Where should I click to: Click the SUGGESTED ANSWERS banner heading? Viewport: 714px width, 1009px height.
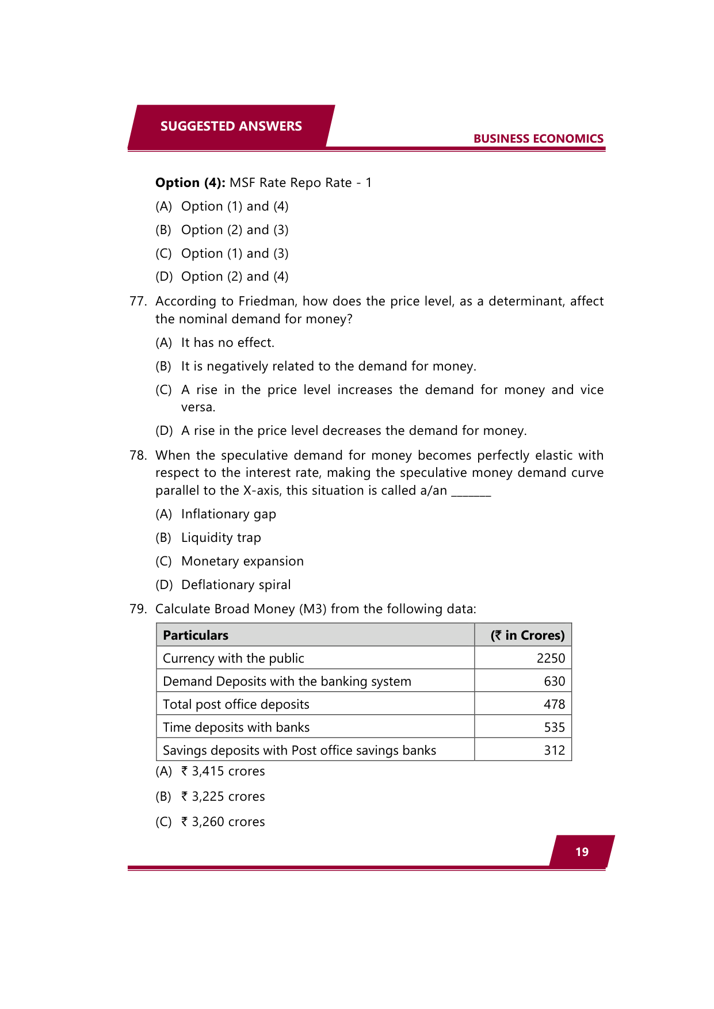click(231, 126)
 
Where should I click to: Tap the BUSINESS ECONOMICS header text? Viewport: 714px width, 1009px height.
click(538, 139)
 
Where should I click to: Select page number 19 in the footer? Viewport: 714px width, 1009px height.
click(582, 852)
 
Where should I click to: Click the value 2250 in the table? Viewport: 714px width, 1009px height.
click(551, 658)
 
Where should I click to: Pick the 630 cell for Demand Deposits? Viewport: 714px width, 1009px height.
click(554, 681)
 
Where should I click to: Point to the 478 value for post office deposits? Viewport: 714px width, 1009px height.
click(554, 704)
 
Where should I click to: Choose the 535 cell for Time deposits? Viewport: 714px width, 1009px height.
click(554, 727)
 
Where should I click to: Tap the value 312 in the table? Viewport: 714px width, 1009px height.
click(554, 750)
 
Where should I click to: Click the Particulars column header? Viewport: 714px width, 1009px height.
click(196, 635)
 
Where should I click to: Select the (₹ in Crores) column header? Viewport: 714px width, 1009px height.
click(527, 635)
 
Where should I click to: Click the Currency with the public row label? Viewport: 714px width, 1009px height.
click(233, 658)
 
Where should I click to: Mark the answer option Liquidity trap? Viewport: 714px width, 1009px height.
click(221, 537)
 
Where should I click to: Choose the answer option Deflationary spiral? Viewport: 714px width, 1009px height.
click(236, 584)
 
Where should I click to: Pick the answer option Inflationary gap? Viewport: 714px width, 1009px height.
click(228, 514)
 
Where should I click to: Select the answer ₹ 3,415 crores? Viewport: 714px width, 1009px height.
click(223, 771)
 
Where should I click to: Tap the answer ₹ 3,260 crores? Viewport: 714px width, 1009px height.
click(223, 821)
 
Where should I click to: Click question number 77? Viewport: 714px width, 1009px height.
click(138, 301)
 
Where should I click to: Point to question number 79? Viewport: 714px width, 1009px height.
click(138, 609)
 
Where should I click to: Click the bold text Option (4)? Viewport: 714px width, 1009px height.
click(190, 183)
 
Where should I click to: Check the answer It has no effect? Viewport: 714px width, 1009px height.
click(227, 343)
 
